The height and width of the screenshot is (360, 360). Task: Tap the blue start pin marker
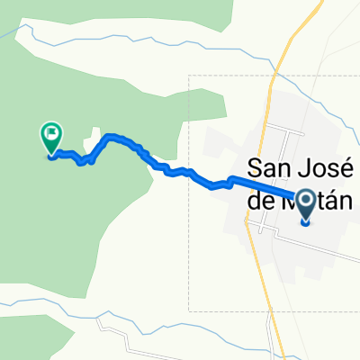pos(305,206)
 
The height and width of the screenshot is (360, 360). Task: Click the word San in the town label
pos(268,168)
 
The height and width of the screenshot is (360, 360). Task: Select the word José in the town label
pos(325,168)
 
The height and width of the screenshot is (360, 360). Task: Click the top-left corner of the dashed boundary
pos(189,75)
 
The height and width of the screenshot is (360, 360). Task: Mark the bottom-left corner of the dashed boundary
pos(189,311)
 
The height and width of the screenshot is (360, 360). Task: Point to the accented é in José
pos(347,168)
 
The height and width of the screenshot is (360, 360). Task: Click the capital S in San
pos(254,168)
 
